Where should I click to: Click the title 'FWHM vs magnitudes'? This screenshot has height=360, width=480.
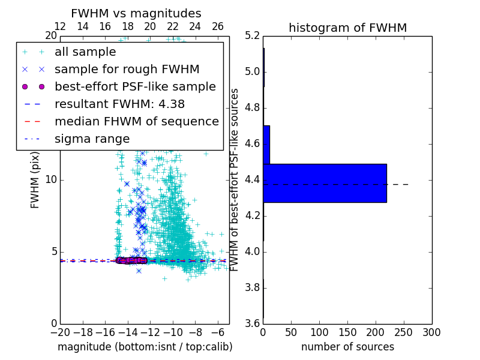pyautogui.click(x=136, y=13)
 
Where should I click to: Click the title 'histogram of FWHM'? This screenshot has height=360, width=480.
pyautogui.click(x=347, y=28)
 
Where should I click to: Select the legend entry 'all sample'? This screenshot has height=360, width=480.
pyautogui.click(x=85, y=52)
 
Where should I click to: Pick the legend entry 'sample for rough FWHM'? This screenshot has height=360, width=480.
pyautogui.click(x=127, y=70)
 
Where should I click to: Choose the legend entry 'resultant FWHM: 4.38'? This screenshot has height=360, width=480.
pyautogui.click(x=119, y=104)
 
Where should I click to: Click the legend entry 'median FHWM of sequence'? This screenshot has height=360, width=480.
pyautogui.click(x=136, y=121)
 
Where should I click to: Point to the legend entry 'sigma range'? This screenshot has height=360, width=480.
pyautogui.click(x=92, y=139)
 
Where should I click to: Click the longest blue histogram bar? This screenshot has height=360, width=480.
pyautogui.click(x=325, y=183)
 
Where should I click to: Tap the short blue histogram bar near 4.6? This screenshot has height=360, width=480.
pyautogui.click(x=266, y=145)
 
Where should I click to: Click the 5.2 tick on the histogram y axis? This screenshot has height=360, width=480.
pyautogui.click(x=252, y=36)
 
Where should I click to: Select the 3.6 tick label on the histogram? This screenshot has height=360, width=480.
pyautogui.click(x=252, y=323)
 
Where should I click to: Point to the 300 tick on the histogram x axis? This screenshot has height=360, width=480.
pyautogui.click(x=431, y=332)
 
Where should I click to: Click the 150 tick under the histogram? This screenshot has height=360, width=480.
pyautogui.click(x=347, y=332)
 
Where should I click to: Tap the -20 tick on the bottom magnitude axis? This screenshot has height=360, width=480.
pyautogui.click(x=60, y=332)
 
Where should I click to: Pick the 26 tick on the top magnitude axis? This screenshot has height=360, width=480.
pyautogui.click(x=218, y=26)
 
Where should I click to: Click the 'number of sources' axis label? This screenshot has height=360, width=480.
pyautogui.click(x=347, y=347)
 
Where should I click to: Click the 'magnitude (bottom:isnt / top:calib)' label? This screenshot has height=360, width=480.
pyautogui.click(x=145, y=347)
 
